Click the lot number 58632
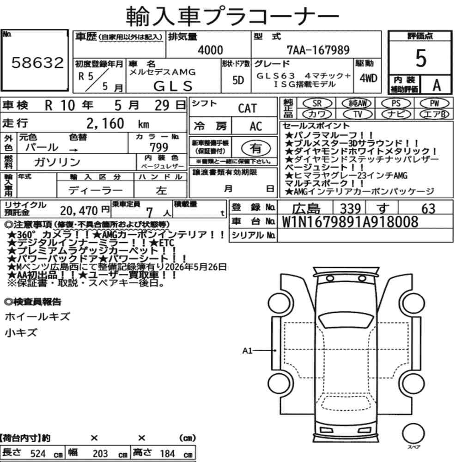point(37,63)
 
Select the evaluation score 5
point(421,58)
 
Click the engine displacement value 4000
point(210,50)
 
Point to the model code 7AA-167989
point(318,50)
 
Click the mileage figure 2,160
point(105,123)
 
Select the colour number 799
point(159,147)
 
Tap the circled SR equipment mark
point(317,103)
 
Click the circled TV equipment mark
point(358,114)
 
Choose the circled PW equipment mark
point(435,103)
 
